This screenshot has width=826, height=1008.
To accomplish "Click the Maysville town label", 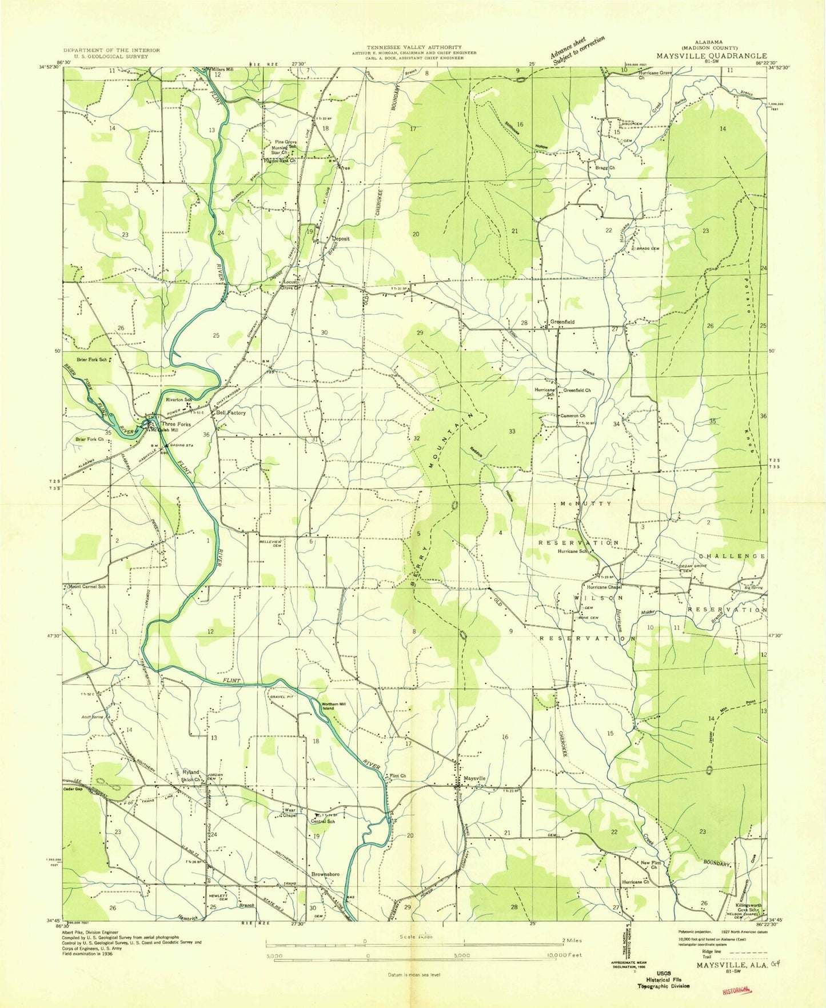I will tap(474, 778).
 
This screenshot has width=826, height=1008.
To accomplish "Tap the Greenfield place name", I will tap(562, 322).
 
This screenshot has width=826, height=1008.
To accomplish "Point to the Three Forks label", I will tap(176, 424).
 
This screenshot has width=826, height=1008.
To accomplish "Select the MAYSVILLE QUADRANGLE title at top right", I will tap(711, 56).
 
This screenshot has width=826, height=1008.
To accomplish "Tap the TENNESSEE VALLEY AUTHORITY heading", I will tap(415, 47).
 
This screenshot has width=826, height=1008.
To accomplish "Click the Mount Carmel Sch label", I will tap(87, 586).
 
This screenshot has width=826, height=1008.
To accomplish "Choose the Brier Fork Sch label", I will tap(91, 360).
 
